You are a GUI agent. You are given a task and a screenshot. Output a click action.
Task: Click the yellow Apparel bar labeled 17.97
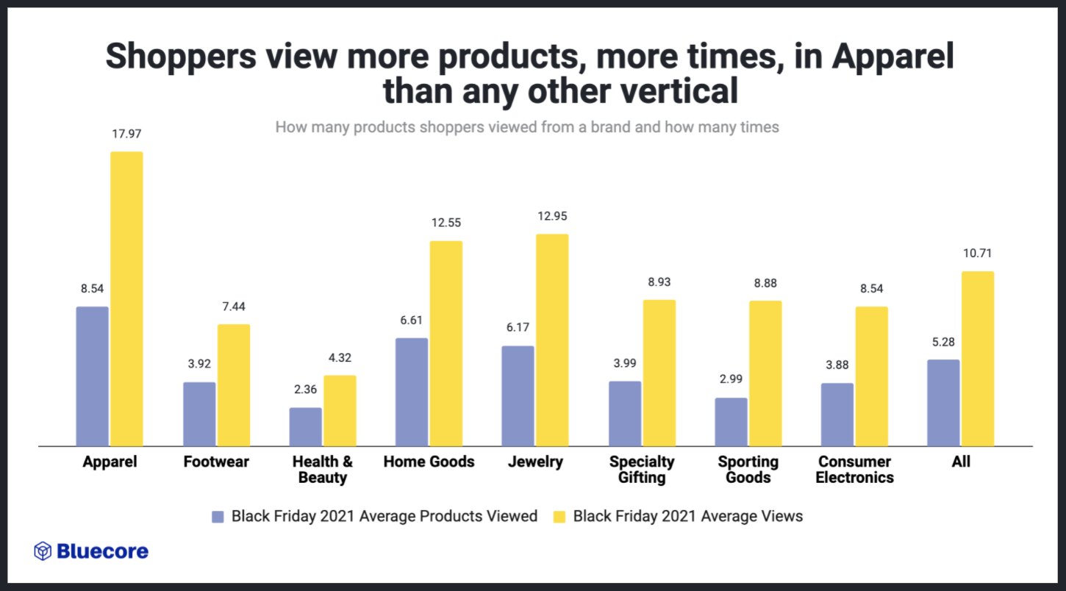(126, 298)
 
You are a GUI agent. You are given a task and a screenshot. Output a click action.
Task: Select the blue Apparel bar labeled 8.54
(92, 376)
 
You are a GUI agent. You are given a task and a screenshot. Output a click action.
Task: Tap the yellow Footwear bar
(233, 384)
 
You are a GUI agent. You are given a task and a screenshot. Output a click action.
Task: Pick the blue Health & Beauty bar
(305, 426)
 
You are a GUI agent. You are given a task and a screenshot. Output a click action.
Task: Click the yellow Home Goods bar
(446, 343)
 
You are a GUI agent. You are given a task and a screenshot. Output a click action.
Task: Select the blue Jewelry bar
(517, 395)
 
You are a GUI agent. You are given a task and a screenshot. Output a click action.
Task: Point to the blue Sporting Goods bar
(731, 421)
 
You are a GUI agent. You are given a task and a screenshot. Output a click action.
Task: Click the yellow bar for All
(978, 358)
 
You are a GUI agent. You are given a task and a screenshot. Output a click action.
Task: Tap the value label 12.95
(552, 217)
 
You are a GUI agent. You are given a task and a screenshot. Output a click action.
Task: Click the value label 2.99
(731, 380)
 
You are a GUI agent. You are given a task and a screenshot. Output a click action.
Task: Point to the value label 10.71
(978, 254)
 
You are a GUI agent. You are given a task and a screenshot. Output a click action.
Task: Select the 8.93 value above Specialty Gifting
(659, 282)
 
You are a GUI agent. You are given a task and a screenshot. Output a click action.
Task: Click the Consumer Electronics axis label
(855, 470)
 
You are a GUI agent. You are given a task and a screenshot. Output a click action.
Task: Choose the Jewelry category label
(534, 462)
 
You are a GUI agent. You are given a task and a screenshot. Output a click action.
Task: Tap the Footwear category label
(216, 462)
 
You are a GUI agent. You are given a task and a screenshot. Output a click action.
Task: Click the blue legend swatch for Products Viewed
(218, 517)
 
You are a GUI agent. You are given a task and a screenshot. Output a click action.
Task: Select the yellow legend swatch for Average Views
(559, 517)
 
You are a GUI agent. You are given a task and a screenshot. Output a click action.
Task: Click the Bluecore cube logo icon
(43, 551)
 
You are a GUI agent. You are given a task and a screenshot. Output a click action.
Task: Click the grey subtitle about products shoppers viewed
(526, 127)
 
